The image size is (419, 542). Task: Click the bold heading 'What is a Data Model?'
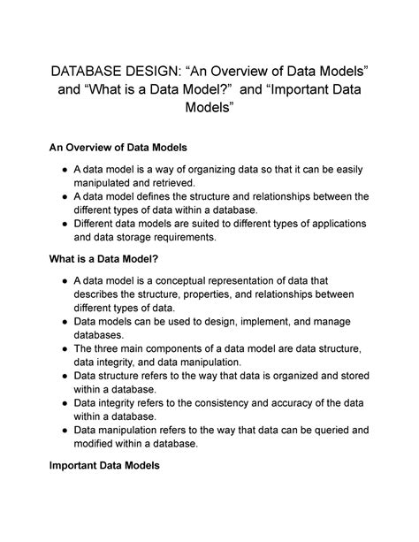[118, 259]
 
